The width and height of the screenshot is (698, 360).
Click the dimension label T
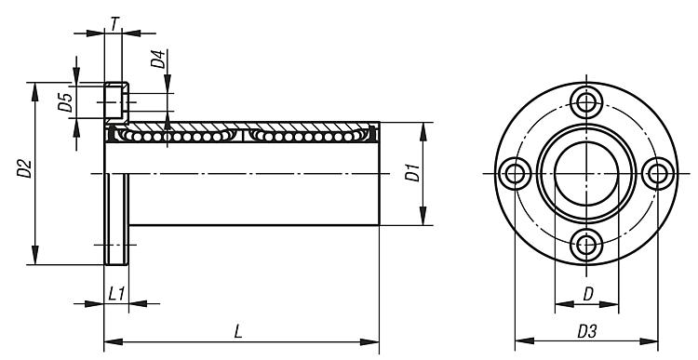[x=114, y=24]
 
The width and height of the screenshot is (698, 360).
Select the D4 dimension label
[x=158, y=60]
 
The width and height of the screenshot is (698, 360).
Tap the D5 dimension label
[x=65, y=103]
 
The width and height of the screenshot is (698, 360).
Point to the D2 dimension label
[x=24, y=168]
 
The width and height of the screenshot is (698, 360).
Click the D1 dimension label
[x=412, y=173]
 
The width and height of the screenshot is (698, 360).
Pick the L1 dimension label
[x=116, y=294]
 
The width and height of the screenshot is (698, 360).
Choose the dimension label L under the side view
[x=238, y=332]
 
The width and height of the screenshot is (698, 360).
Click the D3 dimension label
[x=586, y=331]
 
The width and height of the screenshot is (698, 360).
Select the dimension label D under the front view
[x=588, y=294]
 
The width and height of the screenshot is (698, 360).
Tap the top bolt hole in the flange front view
[x=586, y=102]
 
